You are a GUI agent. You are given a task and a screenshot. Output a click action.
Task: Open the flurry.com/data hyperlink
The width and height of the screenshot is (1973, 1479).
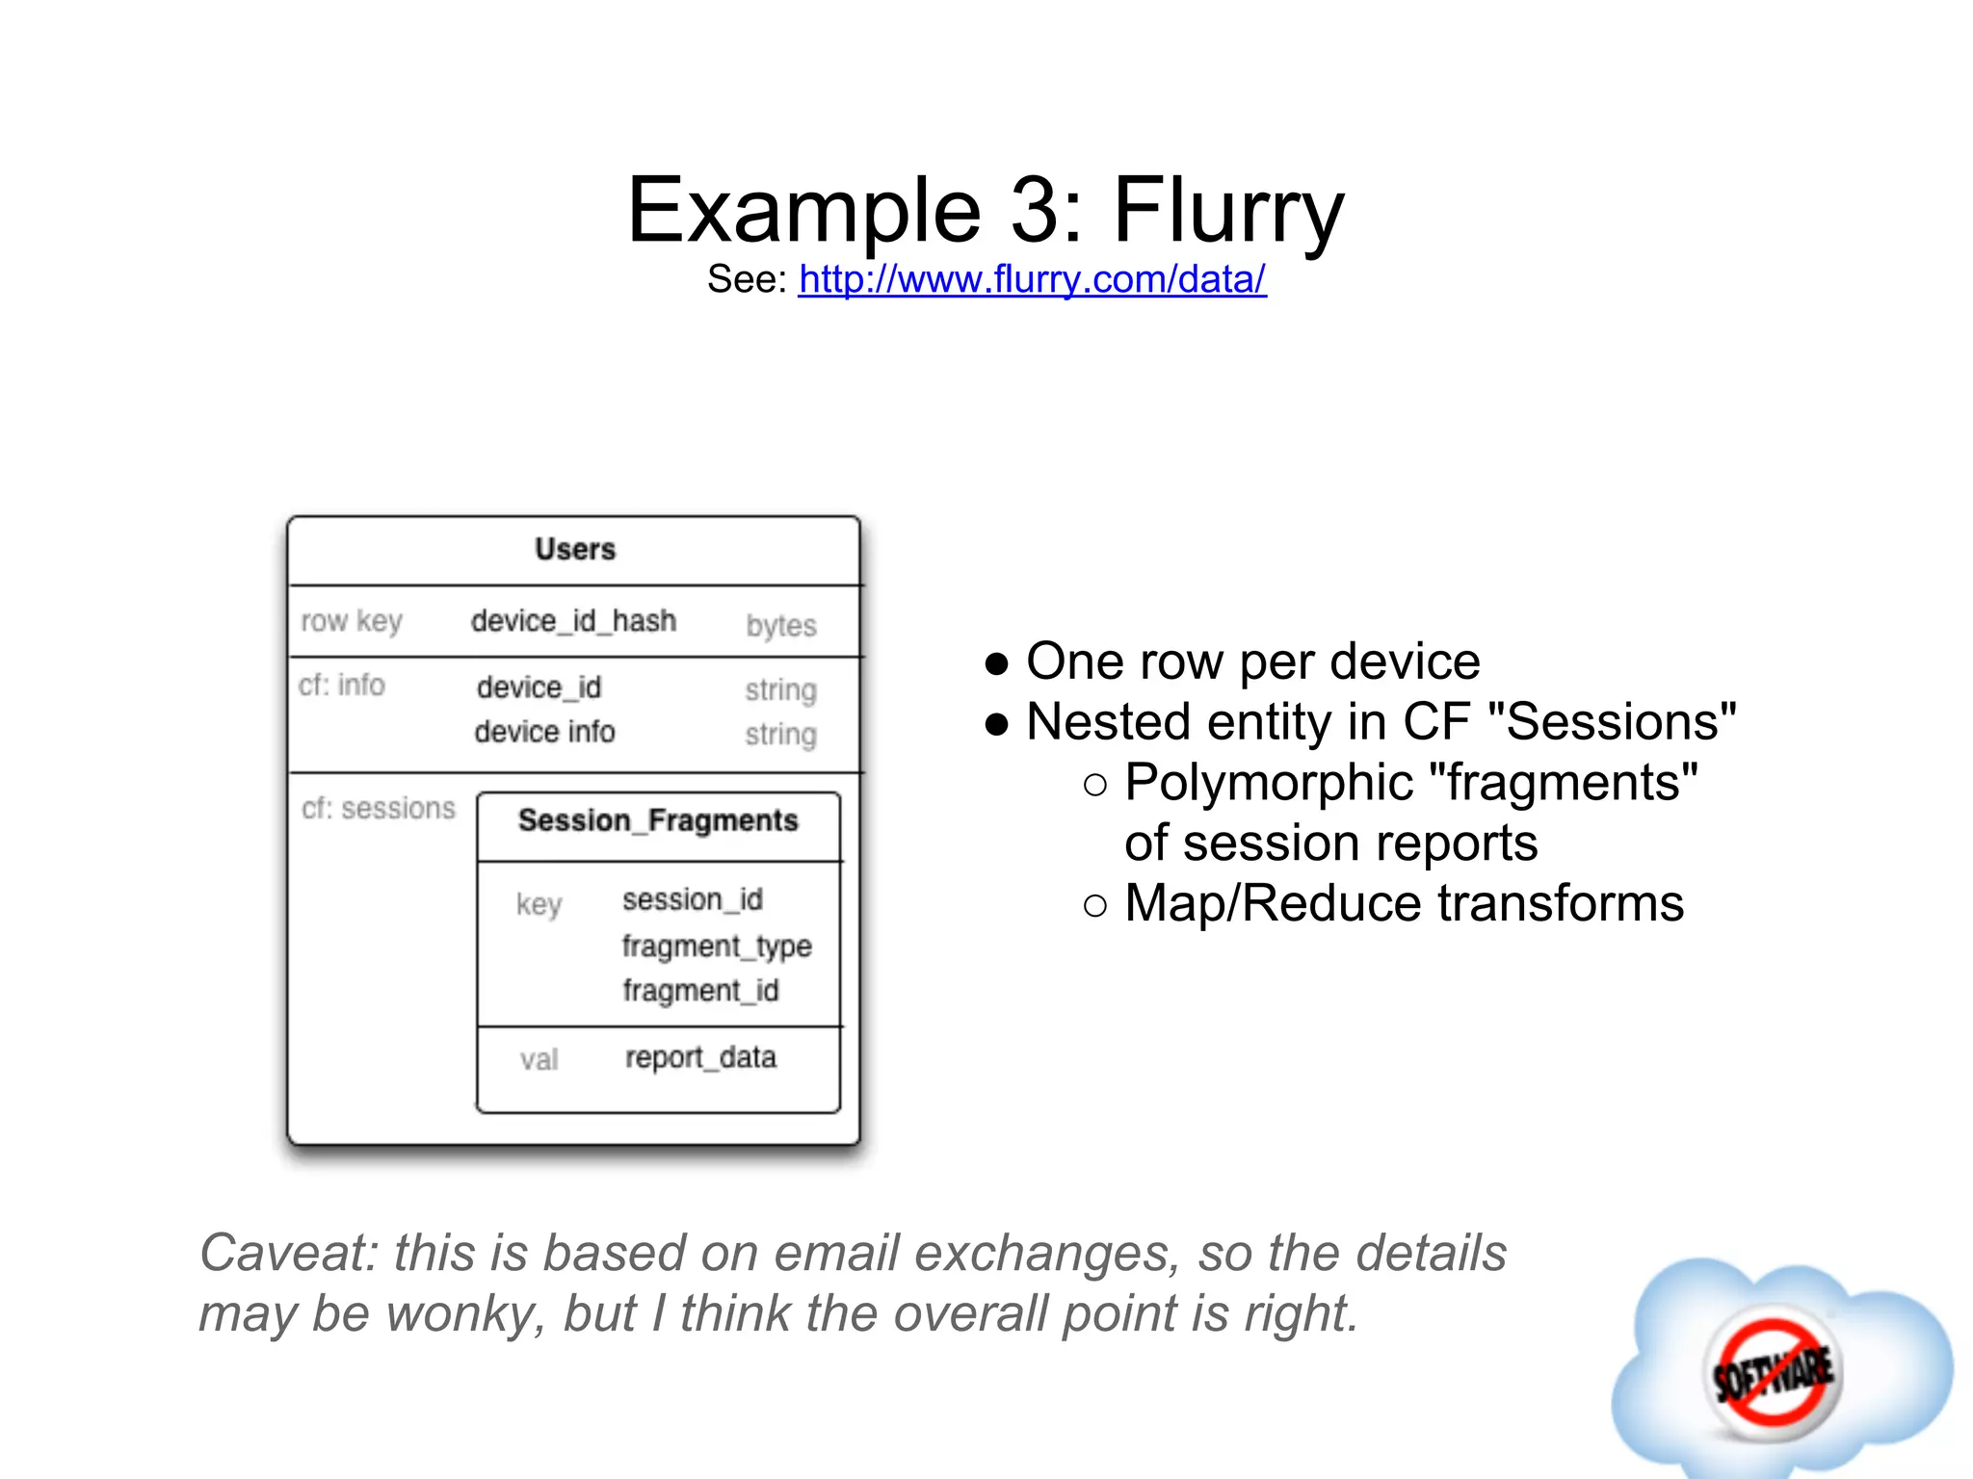tap(1032, 279)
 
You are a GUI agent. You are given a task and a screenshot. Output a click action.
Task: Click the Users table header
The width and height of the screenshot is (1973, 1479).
tap(575, 550)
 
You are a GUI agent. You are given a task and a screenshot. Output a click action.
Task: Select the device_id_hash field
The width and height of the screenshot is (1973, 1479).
tap(573, 621)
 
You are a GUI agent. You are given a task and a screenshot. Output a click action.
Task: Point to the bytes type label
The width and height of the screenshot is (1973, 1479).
tap(780, 626)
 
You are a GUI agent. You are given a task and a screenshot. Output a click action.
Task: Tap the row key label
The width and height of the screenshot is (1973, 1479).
tap(351, 622)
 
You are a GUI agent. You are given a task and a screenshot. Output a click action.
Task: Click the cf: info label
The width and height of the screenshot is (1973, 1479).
tap(341, 686)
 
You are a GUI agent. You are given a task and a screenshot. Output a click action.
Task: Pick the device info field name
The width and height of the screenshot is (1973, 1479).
tap(544, 732)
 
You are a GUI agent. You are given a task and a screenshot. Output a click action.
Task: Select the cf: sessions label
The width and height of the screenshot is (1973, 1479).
tap(378, 808)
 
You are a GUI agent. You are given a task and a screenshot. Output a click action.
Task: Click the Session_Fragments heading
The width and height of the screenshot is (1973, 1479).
tap(658, 820)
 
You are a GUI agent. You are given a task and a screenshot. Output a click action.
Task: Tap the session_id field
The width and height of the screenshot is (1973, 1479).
tap(692, 900)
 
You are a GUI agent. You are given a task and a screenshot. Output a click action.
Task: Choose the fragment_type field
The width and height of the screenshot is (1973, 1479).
tap(717, 947)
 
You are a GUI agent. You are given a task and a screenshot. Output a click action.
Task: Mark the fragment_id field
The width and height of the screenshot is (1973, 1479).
tap(700, 991)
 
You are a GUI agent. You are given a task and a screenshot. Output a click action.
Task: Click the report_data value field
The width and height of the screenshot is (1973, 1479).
tap(700, 1058)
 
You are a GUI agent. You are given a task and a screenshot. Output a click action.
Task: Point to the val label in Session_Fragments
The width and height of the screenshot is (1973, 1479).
tap(539, 1060)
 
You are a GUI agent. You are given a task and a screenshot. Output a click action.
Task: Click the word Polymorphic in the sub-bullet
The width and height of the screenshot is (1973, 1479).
tap(1269, 783)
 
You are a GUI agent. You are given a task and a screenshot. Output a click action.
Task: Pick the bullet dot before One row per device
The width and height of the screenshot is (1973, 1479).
tap(997, 663)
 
